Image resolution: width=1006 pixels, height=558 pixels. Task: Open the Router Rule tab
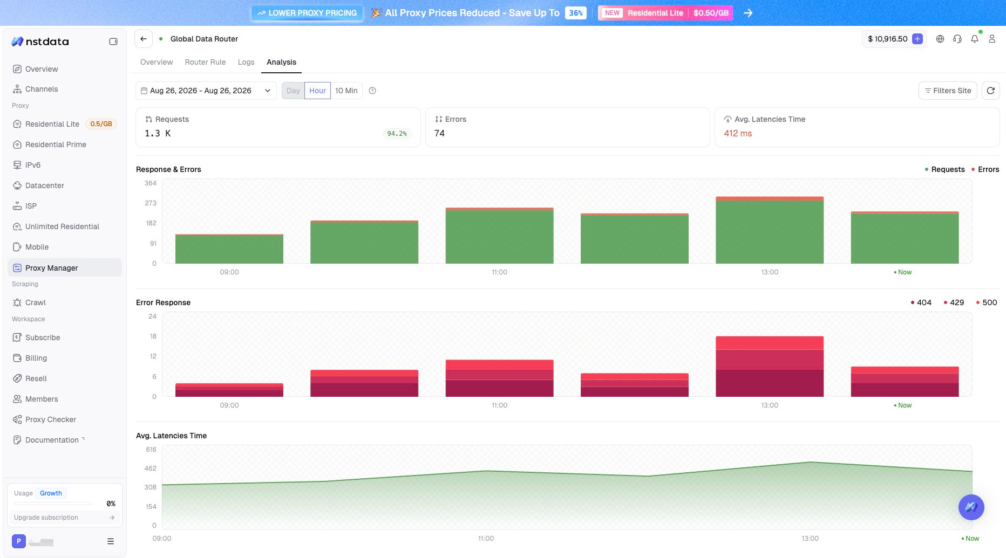click(205, 62)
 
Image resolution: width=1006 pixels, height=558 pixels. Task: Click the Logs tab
click(246, 62)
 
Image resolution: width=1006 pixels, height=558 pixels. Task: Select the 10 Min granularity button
click(346, 91)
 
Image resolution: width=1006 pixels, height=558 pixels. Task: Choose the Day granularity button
click(293, 91)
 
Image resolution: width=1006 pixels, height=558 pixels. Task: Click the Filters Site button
click(948, 91)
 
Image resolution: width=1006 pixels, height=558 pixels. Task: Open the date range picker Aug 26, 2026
click(206, 91)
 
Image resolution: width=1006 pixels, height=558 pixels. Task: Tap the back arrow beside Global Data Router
click(143, 39)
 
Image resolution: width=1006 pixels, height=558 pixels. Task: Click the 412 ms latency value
click(738, 133)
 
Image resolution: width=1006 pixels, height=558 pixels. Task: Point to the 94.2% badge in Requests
click(397, 133)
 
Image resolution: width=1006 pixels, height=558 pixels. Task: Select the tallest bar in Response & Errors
click(770, 230)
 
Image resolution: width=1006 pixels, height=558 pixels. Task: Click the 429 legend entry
click(954, 302)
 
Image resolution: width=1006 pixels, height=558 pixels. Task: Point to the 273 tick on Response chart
click(151, 203)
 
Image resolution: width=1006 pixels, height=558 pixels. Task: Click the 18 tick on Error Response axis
click(153, 336)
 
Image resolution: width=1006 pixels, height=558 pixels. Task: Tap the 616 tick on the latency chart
click(151, 450)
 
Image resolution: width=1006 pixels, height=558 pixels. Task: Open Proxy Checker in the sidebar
click(50, 419)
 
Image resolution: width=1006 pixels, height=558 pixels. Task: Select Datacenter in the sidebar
click(44, 185)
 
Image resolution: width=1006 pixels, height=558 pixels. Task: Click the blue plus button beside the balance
click(917, 39)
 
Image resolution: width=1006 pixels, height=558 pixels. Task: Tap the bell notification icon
click(975, 39)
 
